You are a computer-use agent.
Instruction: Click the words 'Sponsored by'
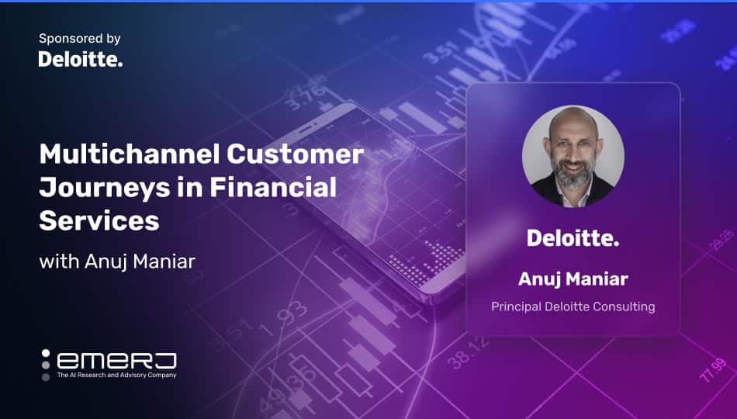pyautogui.click(x=79, y=39)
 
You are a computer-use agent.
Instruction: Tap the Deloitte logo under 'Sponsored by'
pyautogui.click(x=81, y=59)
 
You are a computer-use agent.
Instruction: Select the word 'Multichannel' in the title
pyautogui.click(x=130, y=154)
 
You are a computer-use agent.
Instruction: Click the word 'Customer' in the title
pyautogui.click(x=295, y=154)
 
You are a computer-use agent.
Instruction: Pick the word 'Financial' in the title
pyautogui.click(x=273, y=187)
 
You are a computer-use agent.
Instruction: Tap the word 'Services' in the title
pyautogui.click(x=99, y=220)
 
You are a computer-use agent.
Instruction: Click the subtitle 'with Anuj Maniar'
pyautogui.click(x=117, y=261)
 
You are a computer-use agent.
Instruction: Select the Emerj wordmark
pyautogui.click(x=116, y=361)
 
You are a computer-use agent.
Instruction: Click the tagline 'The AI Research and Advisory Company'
pyautogui.click(x=116, y=376)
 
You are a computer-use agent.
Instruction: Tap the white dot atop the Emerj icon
pyautogui.click(x=46, y=353)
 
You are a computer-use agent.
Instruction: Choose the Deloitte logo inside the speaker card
pyautogui.click(x=573, y=238)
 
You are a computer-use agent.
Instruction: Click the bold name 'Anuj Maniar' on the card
pyautogui.click(x=573, y=279)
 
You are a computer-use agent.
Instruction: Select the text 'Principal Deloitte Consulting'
pyautogui.click(x=573, y=306)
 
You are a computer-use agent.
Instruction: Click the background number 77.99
pyautogui.click(x=713, y=369)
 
